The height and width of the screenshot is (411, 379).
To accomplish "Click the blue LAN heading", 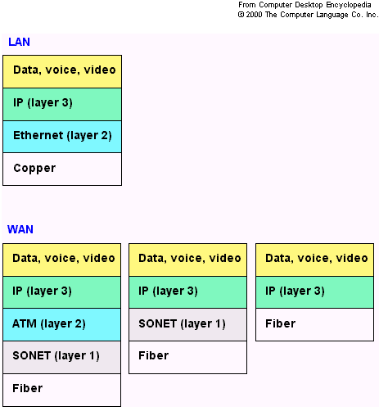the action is click(x=19, y=42).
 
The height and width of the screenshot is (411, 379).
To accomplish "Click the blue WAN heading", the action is click(x=20, y=229).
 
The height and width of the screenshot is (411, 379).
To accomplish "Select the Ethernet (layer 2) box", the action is click(x=62, y=137).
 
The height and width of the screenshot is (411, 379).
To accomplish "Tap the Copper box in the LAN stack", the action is click(x=62, y=169).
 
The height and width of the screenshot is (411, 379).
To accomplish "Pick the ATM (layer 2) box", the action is click(x=62, y=325).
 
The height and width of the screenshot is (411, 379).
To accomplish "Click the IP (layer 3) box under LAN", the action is click(x=62, y=104).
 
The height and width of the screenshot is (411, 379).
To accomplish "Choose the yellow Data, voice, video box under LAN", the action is click(x=62, y=71).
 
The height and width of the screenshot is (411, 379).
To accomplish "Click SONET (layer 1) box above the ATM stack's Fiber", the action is click(x=62, y=357).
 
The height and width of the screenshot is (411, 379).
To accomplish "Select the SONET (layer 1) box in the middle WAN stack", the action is click(x=188, y=325).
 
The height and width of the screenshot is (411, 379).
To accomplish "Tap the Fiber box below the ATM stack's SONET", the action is click(x=62, y=390).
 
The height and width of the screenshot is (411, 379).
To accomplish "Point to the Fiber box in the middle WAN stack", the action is click(x=188, y=357).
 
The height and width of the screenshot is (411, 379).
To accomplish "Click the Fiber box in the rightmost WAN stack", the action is click(x=314, y=325).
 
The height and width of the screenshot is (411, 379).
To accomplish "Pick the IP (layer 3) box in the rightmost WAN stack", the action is click(x=314, y=292).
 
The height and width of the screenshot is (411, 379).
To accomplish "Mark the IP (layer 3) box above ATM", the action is click(x=62, y=292).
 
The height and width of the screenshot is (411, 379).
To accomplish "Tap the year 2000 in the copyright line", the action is click(x=254, y=15).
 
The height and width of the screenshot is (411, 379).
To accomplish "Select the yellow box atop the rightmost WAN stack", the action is click(x=314, y=260).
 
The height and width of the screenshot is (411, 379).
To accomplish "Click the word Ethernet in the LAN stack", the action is click(x=38, y=135).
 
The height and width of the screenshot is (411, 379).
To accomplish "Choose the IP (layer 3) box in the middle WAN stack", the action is click(x=188, y=292).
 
